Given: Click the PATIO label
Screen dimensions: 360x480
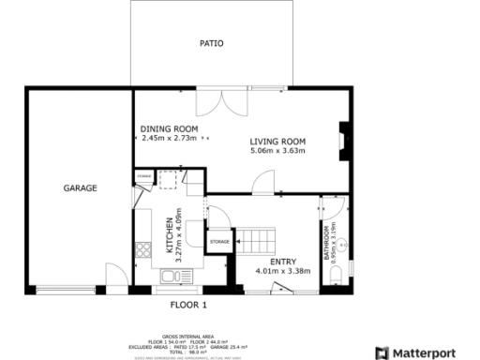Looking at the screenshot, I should pyautogui.click(x=211, y=43).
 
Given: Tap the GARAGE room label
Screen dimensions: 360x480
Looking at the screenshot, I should pyautogui.click(x=80, y=187).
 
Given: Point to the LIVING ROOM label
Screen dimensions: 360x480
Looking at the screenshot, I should pyautogui.click(x=278, y=142).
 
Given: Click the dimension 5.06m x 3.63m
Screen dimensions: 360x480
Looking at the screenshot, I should pyautogui.click(x=278, y=151).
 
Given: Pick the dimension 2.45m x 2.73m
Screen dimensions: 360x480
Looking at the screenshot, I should pyautogui.click(x=169, y=138).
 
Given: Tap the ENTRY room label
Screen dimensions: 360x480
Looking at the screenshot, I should pyautogui.click(x=282, y=262).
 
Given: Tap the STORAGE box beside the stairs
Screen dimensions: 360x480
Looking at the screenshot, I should pyautogui.click(x=219, y=243).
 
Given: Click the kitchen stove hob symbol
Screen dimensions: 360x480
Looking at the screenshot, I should pyautogui.click(x=143, y=249).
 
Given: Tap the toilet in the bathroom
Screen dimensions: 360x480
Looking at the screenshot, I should pyautogui.click(x=336, y=275).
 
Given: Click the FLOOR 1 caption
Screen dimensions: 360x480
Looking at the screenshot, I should pyautogui.click(x=188, y=305).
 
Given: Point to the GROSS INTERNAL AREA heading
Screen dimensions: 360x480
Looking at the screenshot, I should pyautogui.click(x=188, y=335).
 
